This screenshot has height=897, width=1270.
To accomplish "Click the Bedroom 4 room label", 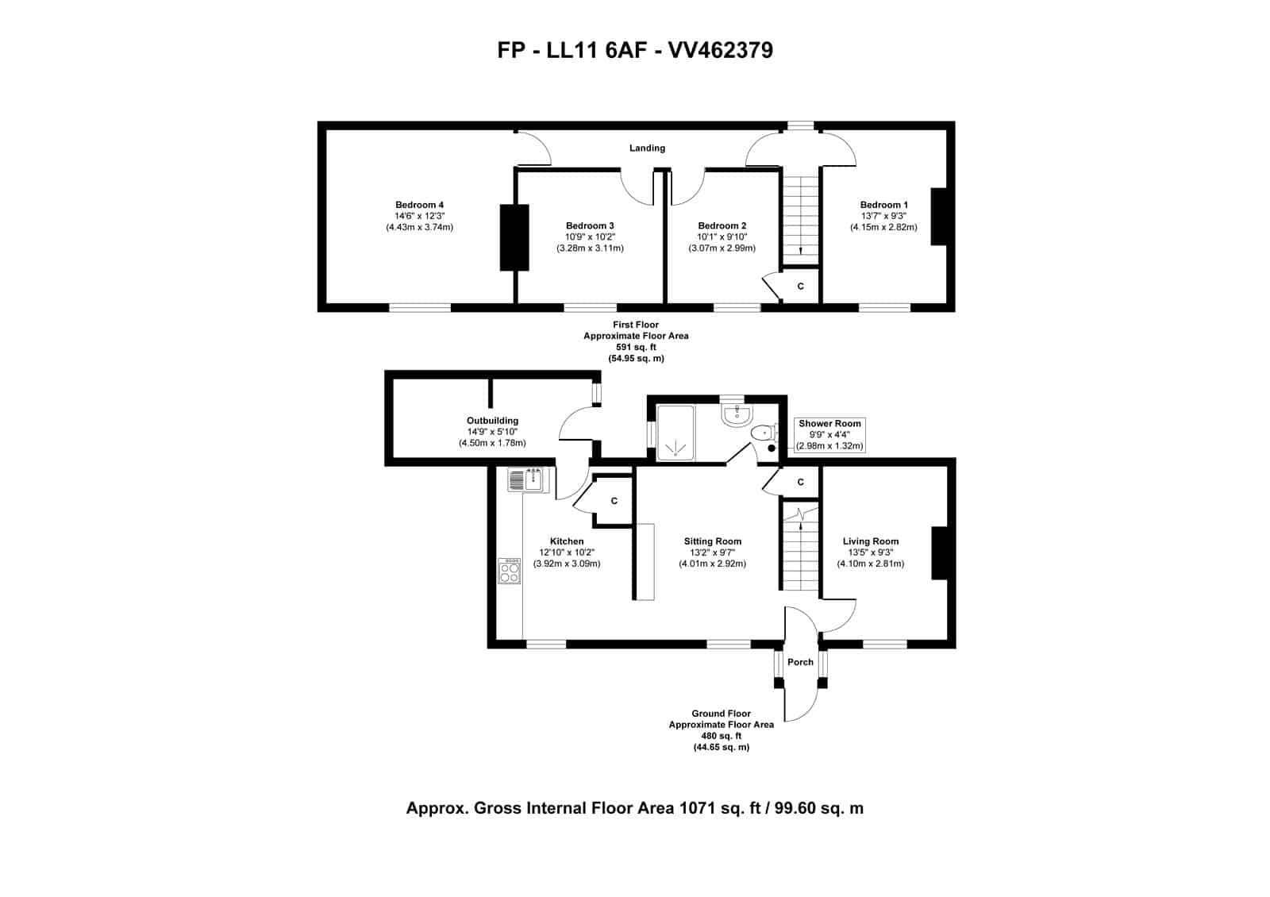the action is pyautogui.click(x=420, y=205).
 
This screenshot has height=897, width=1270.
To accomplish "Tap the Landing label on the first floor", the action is pyautogui.click(x=647, y=148).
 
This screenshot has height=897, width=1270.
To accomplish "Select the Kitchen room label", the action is pyautogui.click(x=567, y=541).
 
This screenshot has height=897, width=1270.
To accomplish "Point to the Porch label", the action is pyautogui.click(x=800, y=662).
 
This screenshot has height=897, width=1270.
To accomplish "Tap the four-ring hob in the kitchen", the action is pyautogui.click(x=509, y=571).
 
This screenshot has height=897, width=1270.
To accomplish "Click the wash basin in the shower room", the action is pyautogui.click(x=737, y=414).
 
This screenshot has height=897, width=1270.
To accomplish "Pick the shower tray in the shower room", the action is pyautogui.click(x=675, y=433).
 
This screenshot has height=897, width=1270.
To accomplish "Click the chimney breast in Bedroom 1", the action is pyautogui.click(x=939, y=217).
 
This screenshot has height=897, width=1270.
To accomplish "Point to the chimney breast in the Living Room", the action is pyautogui.click(x=940, y=552).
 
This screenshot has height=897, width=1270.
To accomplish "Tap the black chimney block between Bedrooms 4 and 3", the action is pyautogui.click(x=514, y=237).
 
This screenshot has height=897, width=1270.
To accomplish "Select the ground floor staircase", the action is pyautogui.click(x=801, y=547).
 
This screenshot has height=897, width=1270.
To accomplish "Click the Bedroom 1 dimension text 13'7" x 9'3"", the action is pyautogui.click(x=883, y=216).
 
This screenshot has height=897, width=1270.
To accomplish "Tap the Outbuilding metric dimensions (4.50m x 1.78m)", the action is pyautogui.click(x=492, y=443).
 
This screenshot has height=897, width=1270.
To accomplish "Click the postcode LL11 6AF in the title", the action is pyautogui.click(x=596, y=50).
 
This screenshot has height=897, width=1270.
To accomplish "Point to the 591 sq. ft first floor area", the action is pyautogui.click(x=636, y=347).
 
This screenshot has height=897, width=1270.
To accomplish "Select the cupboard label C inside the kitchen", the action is pyautogui.click(x=614, y=501).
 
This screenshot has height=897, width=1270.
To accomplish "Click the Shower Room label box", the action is pyautogui.click(x=829, y=435).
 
